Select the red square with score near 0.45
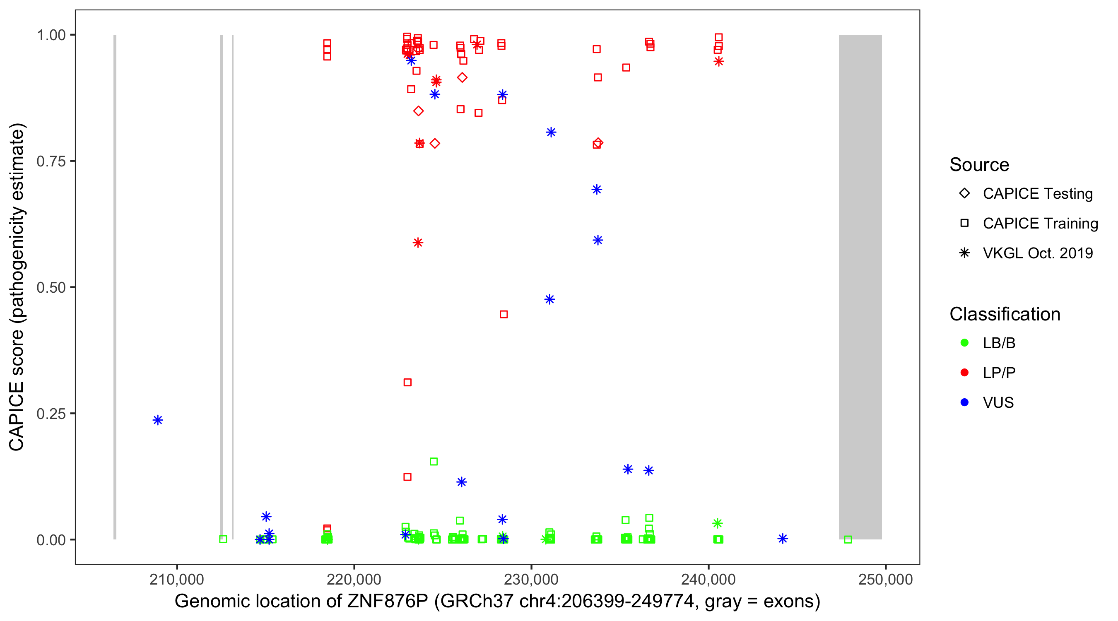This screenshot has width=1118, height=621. [504, 314]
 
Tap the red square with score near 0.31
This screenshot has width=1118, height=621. [407, 382]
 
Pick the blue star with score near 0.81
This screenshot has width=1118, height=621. [551, 132]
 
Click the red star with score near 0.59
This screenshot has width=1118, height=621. [417, 243]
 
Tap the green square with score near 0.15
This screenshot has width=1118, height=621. [434, 461]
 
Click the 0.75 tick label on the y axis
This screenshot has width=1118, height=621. [51, 161]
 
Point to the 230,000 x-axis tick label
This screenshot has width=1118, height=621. [531, 579]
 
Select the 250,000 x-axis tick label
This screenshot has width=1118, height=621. [885, 579]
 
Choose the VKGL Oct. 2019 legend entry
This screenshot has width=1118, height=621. [1037, 253]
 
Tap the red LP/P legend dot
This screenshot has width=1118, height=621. [964, 373]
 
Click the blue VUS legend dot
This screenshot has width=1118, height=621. [964, 402]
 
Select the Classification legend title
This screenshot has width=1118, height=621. [1004, 314]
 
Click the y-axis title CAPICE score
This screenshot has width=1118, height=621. [17, 287]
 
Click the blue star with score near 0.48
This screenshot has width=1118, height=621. [549, 299]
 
